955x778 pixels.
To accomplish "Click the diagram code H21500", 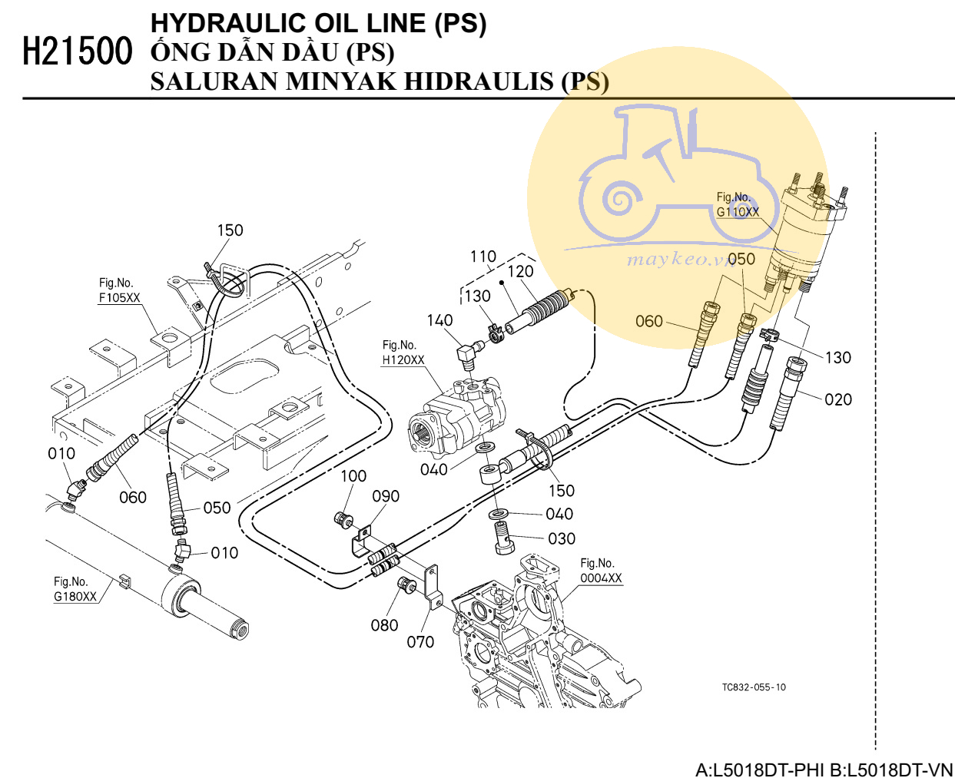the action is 78,51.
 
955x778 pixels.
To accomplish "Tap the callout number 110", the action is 483,257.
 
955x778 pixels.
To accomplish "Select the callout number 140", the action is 439,320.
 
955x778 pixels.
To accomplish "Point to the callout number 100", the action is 353,476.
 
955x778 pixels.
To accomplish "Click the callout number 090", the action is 386,497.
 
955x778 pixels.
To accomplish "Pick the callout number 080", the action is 384,626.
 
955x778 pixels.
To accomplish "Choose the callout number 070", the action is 420,642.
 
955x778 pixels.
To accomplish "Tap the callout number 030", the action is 562,538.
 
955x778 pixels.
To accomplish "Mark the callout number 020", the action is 838,400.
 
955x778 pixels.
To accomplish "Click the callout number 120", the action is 520,272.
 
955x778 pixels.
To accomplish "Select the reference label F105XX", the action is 120,297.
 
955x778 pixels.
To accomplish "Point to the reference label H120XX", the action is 403,360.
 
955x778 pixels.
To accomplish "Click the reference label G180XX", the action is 75,597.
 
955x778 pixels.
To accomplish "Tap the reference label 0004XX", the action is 602,578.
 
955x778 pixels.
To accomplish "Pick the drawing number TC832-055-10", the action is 754,687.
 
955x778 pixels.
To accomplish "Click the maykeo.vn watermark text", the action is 681,260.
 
